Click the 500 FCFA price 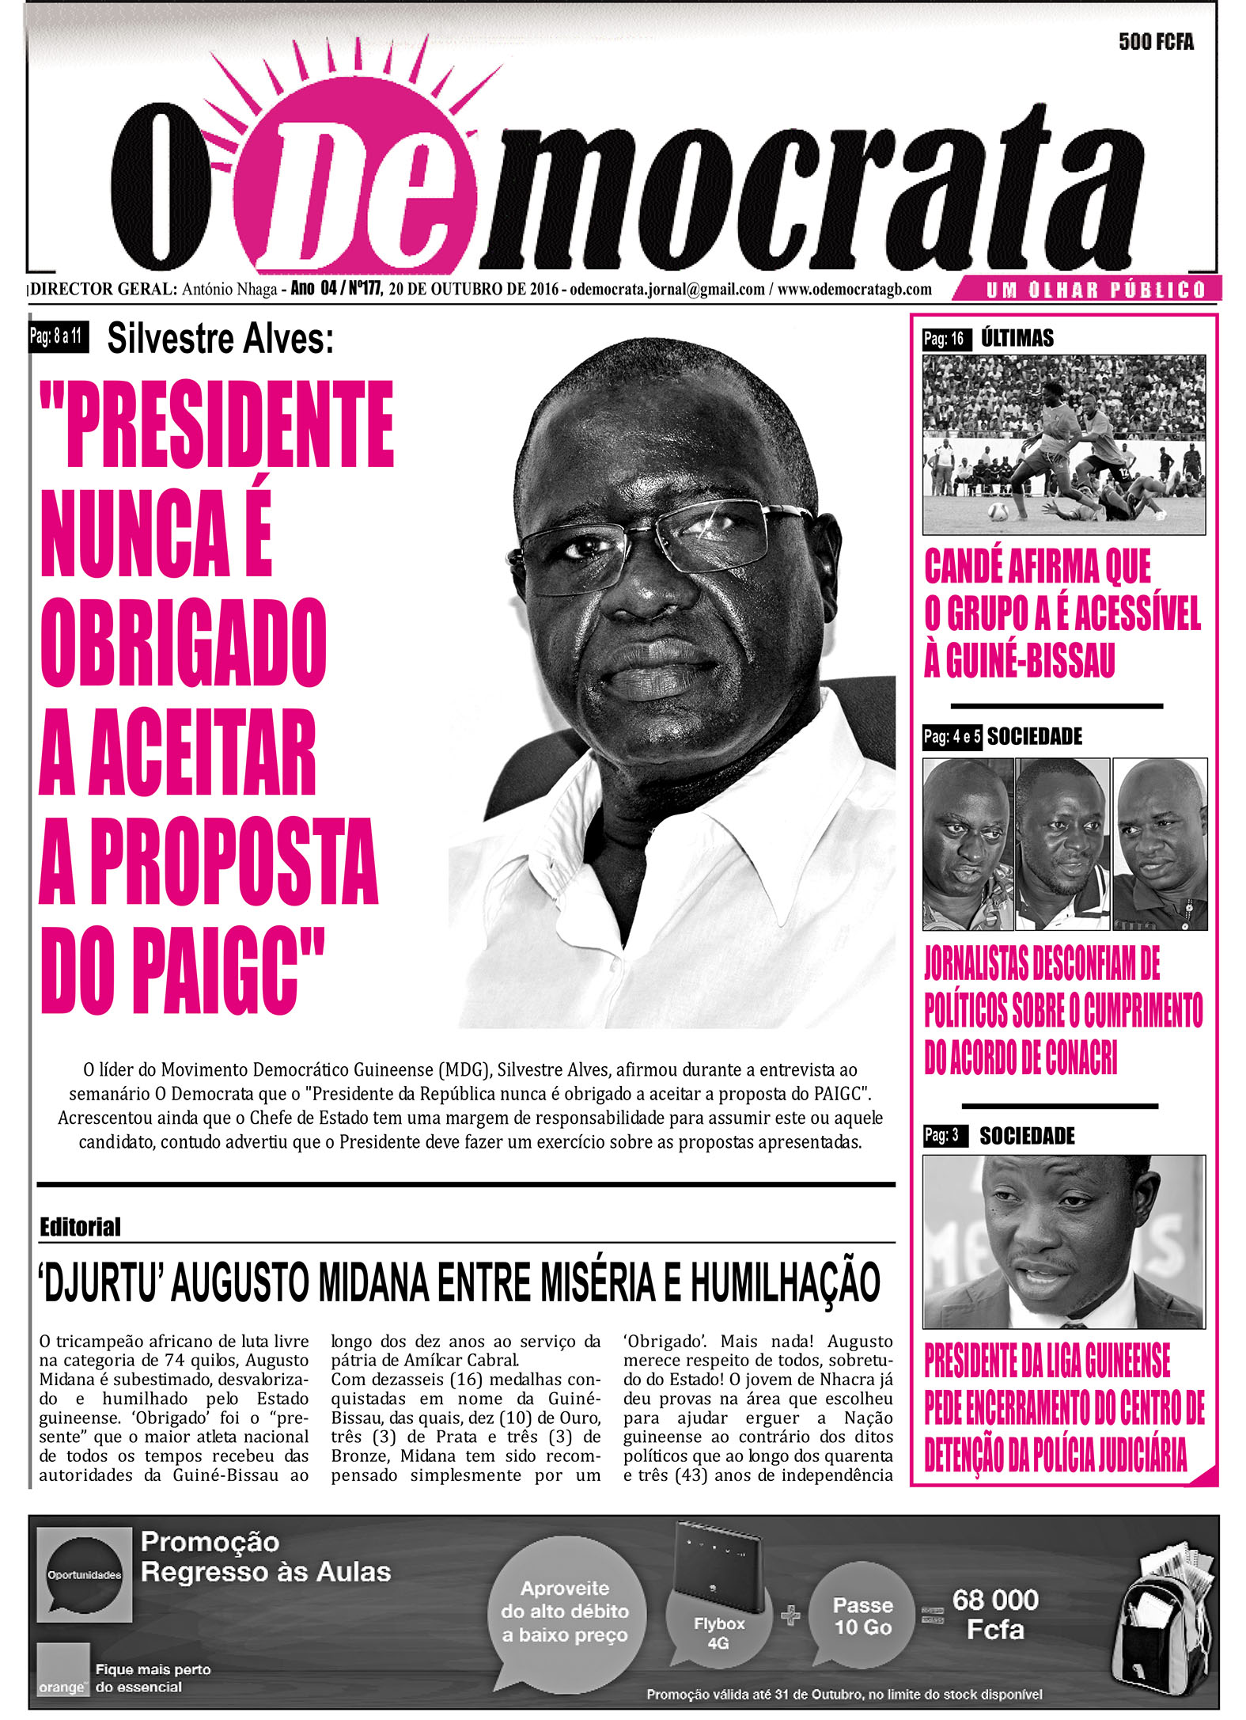1155,42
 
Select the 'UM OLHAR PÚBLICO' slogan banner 1095,290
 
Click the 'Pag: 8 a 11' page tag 57,336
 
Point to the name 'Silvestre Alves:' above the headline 220,340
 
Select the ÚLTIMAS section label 1017,339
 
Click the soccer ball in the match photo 998,511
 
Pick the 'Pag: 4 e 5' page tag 952,737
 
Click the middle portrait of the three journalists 1062,843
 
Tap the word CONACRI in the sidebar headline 1080,1057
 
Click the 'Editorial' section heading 80,1228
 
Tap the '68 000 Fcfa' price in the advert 994,1615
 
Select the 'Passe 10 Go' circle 862,1616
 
